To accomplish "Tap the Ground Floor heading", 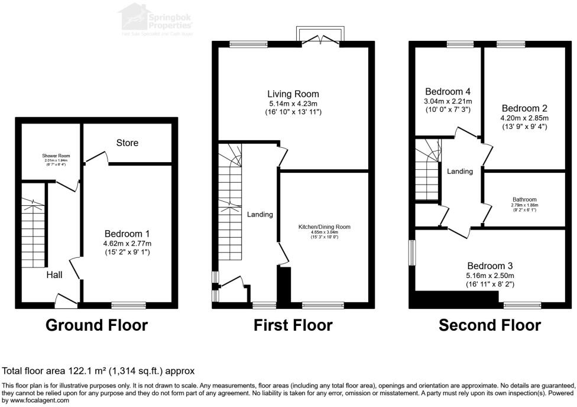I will coord(96,325).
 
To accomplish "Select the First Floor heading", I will coord(293,325).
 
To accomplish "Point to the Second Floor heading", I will coord(490,325).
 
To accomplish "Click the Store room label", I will coord(127,143).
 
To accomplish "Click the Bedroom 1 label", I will coord(127,234).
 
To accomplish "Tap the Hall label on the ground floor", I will coord(54,274).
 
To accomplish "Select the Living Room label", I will coord(293,94).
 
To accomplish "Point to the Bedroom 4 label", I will coord(448,92).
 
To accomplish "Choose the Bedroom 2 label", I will coord(524,108).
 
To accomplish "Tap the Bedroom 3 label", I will coord(490,266).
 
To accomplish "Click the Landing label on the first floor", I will coord(260,214).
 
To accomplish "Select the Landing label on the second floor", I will coord(459,172).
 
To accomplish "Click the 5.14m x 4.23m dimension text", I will coord(293,104).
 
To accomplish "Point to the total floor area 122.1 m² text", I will coord(99,371).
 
